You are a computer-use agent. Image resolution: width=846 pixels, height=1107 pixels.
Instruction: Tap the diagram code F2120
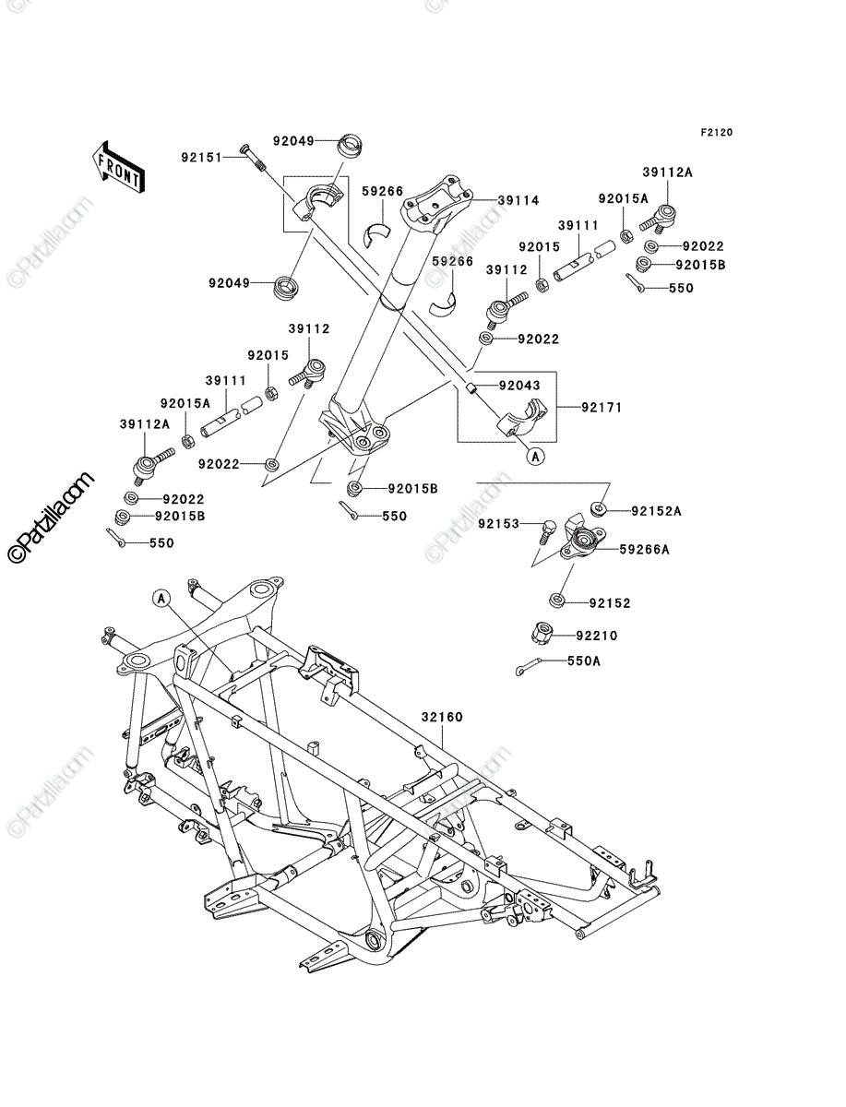point(717,133)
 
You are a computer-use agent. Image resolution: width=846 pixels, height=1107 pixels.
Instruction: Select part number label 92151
point(202,158)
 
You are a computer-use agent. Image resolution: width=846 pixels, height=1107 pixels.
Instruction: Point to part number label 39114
point(518,200)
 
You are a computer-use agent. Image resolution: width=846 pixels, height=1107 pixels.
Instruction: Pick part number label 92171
point(602,407)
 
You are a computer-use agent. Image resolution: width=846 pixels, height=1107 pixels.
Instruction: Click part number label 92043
point(519,386)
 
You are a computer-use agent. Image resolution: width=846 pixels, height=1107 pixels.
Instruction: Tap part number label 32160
point(442,717)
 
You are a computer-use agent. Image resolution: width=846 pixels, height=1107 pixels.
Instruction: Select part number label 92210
point(597,636)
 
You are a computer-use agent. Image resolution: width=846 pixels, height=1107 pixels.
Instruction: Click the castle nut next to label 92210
point(543,633)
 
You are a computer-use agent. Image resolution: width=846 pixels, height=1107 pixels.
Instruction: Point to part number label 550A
point(584,661)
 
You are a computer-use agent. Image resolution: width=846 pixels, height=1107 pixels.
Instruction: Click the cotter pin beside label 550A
point(528,667)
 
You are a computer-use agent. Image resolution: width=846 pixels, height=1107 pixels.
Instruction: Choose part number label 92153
point(498,524)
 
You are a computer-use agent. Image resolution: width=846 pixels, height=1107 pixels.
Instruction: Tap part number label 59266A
point(644,549)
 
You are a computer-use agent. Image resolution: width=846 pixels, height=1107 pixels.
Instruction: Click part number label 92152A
point(657,511)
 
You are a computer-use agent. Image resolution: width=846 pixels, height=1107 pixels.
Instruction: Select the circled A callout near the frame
point(161,599)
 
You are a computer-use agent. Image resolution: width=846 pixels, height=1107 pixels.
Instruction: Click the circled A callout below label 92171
point(536,457)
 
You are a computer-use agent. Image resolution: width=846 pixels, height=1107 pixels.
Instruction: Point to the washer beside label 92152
point(556,601)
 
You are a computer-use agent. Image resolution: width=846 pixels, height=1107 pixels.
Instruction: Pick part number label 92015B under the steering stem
point(413,489)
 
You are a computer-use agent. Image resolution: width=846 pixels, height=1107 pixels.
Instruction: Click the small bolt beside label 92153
point(545,531)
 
